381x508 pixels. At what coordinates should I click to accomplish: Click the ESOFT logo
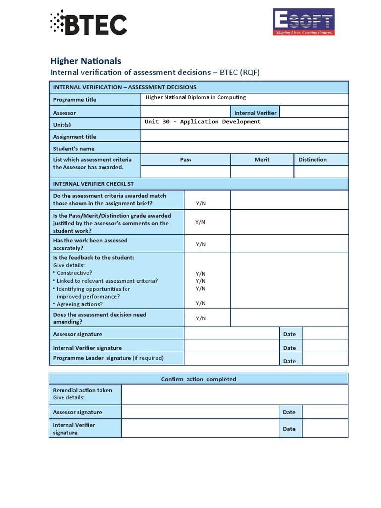tap(304, 22)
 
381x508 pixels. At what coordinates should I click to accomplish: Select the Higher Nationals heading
tap(85, 61)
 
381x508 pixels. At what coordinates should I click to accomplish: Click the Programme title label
tap(74, 100)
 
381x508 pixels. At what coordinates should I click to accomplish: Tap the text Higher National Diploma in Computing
tap(195, 97)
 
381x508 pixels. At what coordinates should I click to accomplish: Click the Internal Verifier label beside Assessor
tap(255, 113)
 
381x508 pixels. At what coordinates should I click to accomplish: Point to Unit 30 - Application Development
tap(202, 122)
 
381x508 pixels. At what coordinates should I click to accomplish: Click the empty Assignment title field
tap(244, 136)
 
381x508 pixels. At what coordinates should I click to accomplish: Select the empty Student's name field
tap(244, 148)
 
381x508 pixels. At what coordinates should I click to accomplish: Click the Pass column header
tap(186, 160)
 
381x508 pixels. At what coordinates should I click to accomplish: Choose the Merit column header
tap(262, 160)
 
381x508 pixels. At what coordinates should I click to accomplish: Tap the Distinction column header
tap(313, 160)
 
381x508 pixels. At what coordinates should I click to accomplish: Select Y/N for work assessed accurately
tap(200, 244)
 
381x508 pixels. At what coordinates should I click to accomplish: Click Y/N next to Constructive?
tap(200, 274)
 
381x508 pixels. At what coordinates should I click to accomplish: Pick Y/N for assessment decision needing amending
tap(200, 318)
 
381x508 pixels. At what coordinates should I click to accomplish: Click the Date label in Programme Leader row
tap(289, 361)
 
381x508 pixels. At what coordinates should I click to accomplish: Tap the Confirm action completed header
tap(198, 379)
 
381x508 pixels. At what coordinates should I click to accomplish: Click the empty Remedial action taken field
tap(234, 394)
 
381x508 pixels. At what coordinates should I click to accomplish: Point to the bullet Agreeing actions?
tap(79, 304)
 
